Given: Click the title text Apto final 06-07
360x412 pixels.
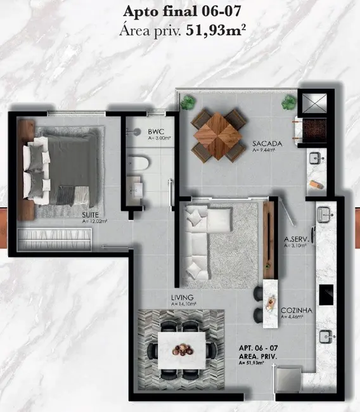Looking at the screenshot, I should point(180,11).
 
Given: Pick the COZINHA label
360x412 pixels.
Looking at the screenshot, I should point(295,310).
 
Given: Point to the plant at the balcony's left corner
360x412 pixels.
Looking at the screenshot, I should point(188,102).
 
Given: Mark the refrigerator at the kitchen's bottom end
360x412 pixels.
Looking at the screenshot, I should point(286,378).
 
